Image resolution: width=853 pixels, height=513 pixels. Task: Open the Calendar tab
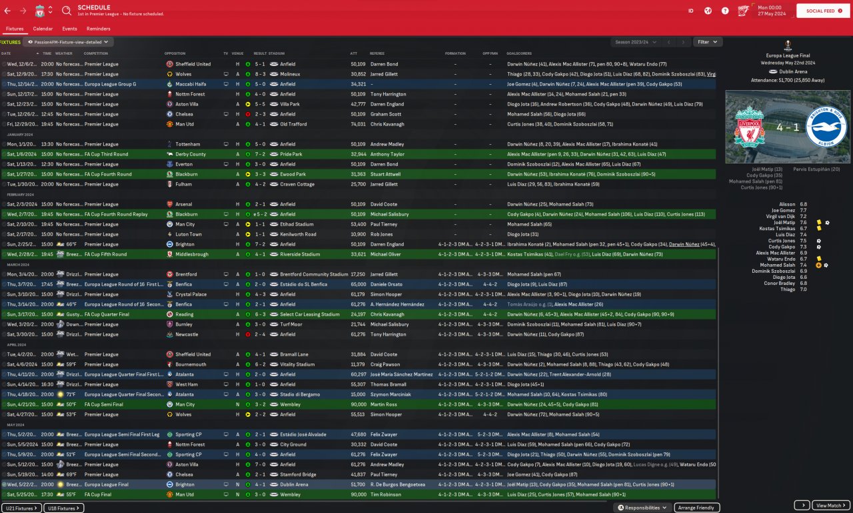pos(43,29)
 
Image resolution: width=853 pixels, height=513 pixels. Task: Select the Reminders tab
pos(99,29)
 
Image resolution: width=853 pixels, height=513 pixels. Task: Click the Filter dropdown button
pos(707,42)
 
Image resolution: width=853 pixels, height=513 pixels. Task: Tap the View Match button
pos(831,506)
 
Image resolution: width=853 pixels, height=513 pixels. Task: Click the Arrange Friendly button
pos(697,508)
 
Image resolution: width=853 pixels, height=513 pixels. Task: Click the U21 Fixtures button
pos(21,508)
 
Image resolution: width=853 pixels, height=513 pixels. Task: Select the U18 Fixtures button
pos(65,508)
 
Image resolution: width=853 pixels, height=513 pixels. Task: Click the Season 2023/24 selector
pos(636,42)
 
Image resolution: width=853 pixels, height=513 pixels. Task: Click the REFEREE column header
pos(377,53)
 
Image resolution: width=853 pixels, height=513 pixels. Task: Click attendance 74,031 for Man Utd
pos(358,124)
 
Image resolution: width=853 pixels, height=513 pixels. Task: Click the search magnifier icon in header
pos(67,11)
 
